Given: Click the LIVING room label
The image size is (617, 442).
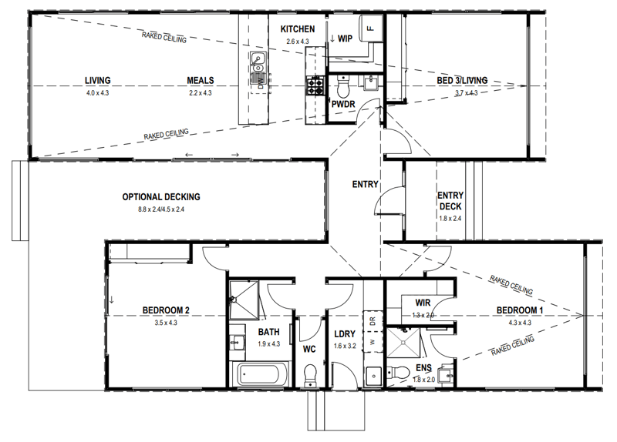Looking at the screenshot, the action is [98, 81].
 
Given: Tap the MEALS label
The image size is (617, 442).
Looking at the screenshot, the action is [201, 81].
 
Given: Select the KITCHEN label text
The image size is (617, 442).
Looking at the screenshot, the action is [298, 29].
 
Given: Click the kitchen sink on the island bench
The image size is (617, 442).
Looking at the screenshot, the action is [258, 63].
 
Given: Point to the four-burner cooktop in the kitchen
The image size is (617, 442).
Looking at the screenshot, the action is [315, 86].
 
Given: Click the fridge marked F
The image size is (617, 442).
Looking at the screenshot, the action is [370, 28].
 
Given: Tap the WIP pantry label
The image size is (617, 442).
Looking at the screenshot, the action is [345, 39].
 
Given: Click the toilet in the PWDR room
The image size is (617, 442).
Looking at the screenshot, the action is [343, 86].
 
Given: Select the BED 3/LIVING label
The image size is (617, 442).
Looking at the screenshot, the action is [462, 81].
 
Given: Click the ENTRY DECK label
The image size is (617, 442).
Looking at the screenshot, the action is [450, 201].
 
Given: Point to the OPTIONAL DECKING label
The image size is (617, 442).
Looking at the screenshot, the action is [161, 197].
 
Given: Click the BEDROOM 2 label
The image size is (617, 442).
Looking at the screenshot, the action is [166, 310].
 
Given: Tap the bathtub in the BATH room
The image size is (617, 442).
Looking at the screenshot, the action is [261, 373].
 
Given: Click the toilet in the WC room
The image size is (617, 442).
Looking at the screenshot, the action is [311, 375].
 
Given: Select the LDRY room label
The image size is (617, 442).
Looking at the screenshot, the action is [345, 334].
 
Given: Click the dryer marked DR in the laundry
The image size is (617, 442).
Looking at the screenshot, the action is [373, 320].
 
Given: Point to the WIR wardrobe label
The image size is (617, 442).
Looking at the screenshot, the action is [423, 303].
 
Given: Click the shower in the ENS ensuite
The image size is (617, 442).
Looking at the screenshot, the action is [403, 343].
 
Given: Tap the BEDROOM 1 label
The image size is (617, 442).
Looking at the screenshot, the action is [519, 310].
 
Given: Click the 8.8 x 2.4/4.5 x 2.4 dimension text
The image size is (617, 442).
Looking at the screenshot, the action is [161, 209].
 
